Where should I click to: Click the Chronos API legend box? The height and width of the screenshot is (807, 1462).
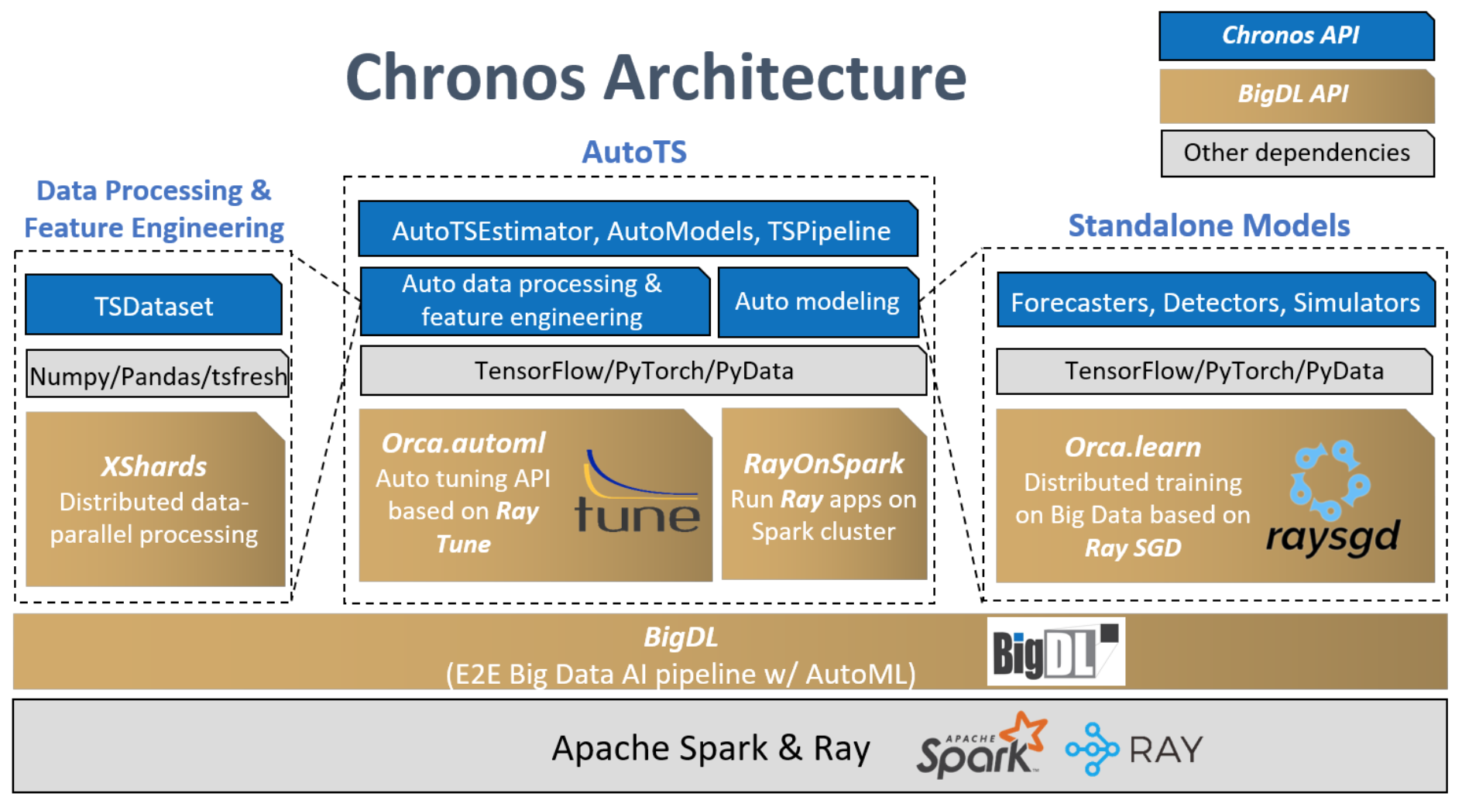[1296, 36]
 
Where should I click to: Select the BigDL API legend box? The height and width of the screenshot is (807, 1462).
[1296, 94]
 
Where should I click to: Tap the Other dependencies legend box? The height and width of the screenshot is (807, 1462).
[1296, 153]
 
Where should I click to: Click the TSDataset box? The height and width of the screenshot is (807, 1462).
[153, 305]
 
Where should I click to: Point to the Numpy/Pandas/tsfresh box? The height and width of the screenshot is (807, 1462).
[157, 375]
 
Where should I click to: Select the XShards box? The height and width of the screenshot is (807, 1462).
[155, 499]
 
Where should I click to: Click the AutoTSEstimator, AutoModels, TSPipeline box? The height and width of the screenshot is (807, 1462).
[637, 230]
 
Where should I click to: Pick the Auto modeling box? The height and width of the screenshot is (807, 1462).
[818, 302]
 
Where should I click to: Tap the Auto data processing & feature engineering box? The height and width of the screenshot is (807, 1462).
[534, 301]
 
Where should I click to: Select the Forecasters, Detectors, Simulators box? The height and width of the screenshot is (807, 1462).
[1215, 301]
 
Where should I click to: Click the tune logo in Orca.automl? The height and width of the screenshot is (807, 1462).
[637, 495]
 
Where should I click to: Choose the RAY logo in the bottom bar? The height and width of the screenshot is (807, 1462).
[1134, 749]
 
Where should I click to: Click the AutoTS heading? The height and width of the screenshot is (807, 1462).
[634, 152]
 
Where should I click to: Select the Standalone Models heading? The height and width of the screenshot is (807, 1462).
[1209, 225]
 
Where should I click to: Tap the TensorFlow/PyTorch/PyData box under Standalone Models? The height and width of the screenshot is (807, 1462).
[1214, 371]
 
